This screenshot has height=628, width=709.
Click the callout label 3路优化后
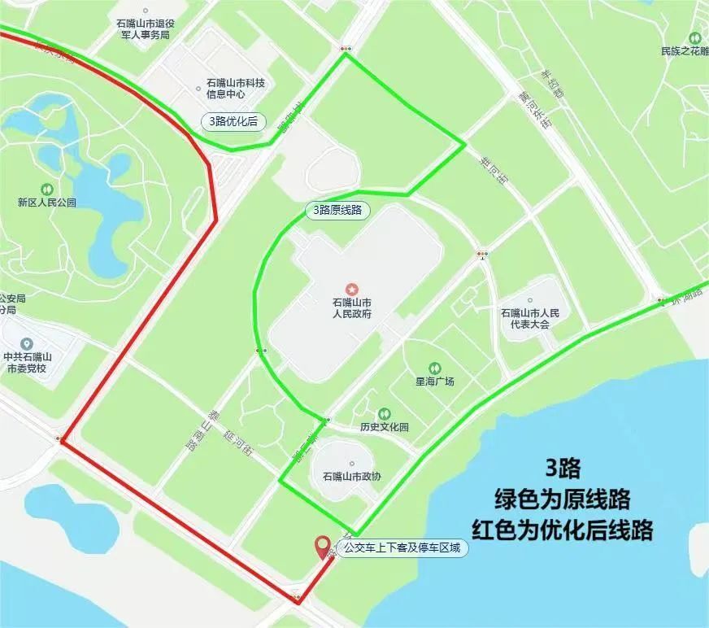(234, 122)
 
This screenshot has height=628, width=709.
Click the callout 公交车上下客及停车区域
(402, 549)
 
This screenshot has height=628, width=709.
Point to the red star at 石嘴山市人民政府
(352, 289)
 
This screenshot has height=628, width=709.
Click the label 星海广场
(434, 382)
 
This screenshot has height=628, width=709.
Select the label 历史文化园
(385, 427)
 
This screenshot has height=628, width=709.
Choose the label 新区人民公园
(46, 203)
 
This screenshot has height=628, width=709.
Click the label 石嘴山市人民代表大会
(530, 318)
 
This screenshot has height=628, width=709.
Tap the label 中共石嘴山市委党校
(27, 362)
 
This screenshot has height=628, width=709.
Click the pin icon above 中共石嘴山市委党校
(27, 344)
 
